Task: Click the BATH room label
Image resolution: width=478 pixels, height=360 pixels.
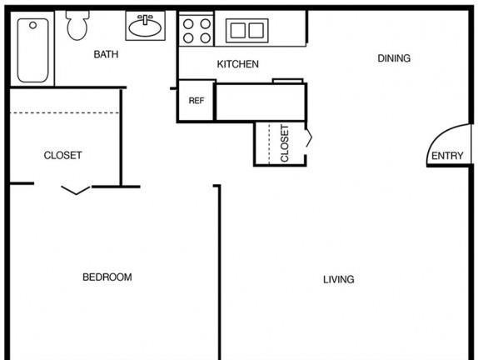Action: click(106, 54)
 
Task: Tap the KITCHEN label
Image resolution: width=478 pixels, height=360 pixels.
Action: click(238, 64)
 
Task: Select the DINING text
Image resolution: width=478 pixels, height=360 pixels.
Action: click(394, 58)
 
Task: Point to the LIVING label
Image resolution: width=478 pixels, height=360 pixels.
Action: click(339, 279)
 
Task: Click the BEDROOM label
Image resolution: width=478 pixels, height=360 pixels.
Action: click(107, 277)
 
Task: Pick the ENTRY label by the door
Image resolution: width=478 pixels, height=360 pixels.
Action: click(447, 156)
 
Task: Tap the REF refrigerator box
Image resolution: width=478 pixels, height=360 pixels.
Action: click(197, 100)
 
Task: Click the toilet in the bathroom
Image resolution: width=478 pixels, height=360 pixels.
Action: click(77, 25)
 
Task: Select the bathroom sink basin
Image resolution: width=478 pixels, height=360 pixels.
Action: click(145, 27)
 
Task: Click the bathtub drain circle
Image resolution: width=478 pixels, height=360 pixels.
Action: click(33, 25)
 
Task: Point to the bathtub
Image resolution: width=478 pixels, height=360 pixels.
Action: click(32, 50)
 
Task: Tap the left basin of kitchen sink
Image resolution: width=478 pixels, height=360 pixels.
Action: click(238, 31)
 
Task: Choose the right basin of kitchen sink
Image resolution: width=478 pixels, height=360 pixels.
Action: click(256, 31)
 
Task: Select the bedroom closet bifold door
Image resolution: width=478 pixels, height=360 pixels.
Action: click(76, 190)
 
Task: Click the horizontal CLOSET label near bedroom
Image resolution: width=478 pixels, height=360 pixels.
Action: click(62, 155)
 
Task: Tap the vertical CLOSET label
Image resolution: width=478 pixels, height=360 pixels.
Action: click(285, 143)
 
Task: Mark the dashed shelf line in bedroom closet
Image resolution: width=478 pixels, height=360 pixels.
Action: click(64, 112)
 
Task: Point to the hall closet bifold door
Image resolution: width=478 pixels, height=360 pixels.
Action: click(310, 140)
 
